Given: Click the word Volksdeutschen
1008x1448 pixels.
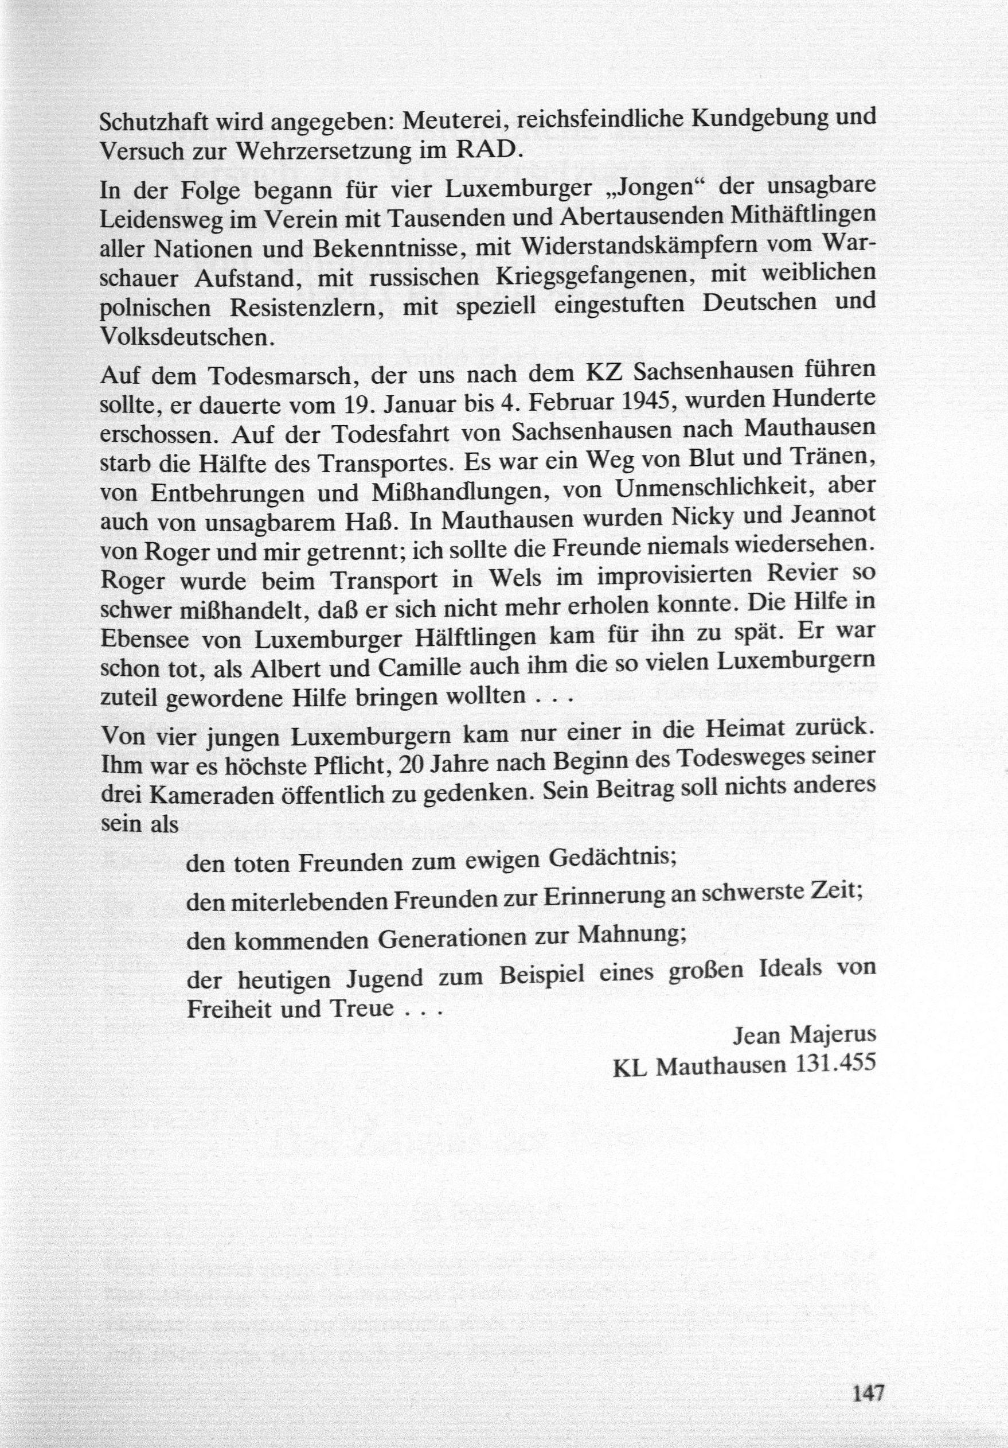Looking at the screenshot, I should coord(188,337).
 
